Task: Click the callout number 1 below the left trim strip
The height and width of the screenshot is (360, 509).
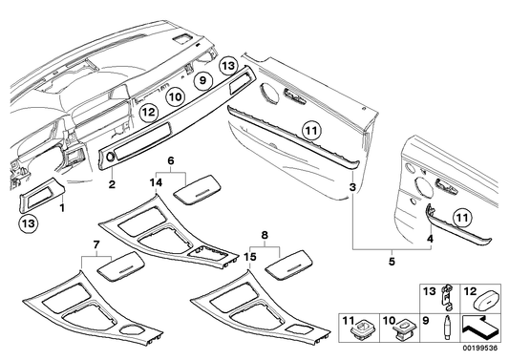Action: [64, 206]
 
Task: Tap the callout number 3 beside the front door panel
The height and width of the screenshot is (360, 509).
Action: [352, 187]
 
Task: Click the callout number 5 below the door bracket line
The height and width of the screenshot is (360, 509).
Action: [390, 260]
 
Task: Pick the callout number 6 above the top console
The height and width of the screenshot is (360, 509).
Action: [171, 162]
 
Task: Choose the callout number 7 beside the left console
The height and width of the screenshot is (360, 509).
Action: [96, 245]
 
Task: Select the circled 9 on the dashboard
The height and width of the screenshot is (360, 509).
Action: [201, 83]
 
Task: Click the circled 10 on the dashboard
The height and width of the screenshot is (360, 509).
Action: [175, 96]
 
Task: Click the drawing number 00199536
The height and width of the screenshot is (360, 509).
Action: [484, 351]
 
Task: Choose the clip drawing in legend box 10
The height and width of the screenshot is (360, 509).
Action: [404, 330]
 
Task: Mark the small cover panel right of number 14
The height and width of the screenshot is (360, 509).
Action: [201, 186]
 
